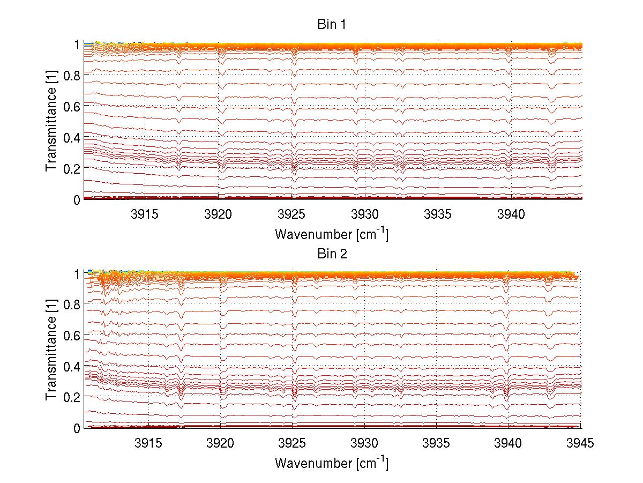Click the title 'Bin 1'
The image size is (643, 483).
[332, 25]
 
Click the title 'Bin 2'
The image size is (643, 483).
[332, 254]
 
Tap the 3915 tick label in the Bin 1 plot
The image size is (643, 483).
[145, 214]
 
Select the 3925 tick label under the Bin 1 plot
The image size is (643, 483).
[292, 214]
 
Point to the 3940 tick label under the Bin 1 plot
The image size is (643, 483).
[512, 214]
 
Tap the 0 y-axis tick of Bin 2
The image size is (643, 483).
[77, 428]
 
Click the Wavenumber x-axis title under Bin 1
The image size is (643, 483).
[332, 234]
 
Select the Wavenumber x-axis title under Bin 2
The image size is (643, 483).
[332, 463]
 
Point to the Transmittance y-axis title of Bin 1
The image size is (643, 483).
[51, 122]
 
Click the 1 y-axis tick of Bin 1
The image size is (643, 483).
[77, 44]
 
